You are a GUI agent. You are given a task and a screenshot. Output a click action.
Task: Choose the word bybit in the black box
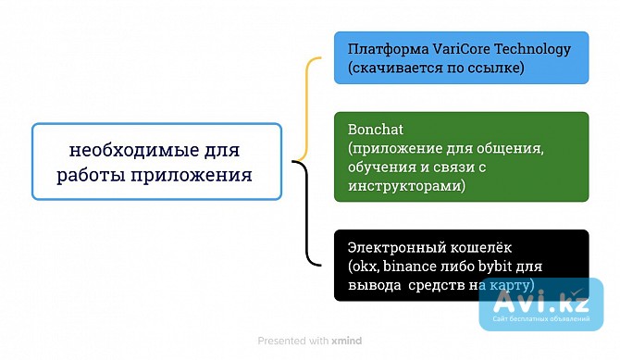click(509, 267)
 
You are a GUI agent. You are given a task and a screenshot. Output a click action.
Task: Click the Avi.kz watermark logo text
click(552, 300)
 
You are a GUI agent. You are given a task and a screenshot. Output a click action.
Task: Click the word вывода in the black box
click(373, 284)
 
